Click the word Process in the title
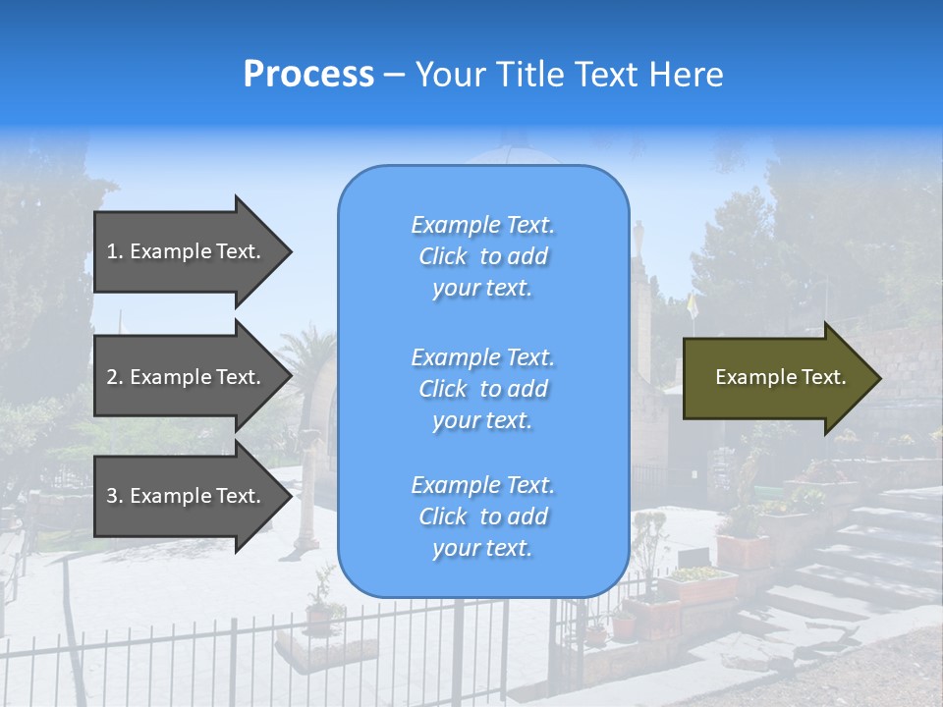308,75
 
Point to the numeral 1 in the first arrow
112,251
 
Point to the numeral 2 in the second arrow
112,377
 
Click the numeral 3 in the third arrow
112,496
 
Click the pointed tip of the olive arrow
876,378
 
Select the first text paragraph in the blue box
482,256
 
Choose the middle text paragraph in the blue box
482,389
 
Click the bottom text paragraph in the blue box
482,517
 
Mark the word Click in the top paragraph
442,256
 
